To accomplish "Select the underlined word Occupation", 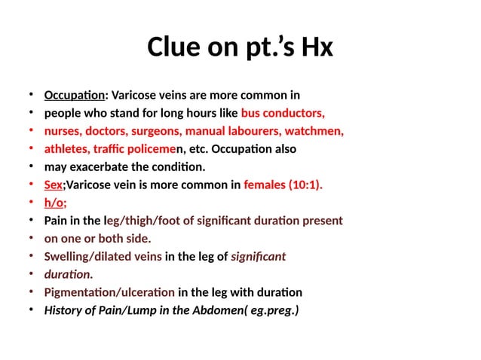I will click(75, 96).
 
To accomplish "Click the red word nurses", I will click(62, 132).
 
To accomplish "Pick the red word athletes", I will click(66, 149).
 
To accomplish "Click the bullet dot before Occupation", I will click(30, 95).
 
